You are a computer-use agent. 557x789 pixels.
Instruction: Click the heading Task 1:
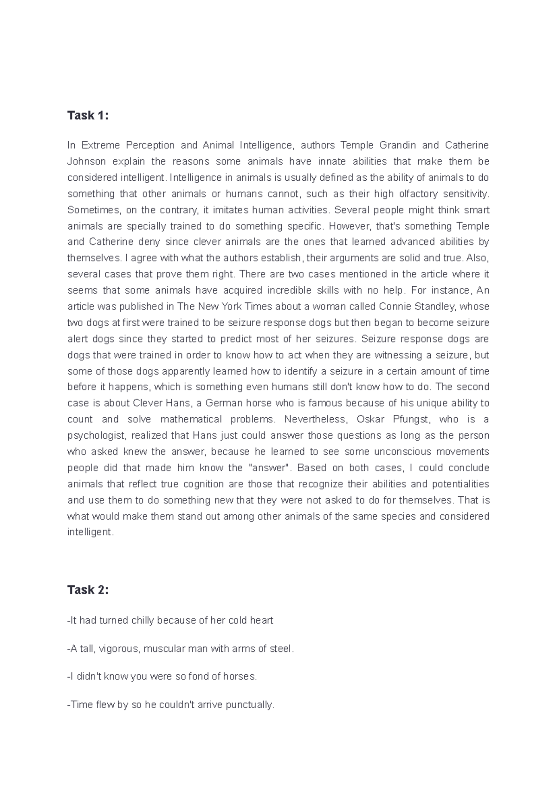[x=88, y=116]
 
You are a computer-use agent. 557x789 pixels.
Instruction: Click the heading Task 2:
[x=88, y=590]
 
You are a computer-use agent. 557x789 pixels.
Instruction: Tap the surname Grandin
[x=398, y=145]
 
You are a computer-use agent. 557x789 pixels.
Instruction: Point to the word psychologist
[x=97, y=436]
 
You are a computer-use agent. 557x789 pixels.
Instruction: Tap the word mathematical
[x=190, y=420]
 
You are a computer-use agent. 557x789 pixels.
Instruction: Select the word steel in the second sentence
[x=281, y=649]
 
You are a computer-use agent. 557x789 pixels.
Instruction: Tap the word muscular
[x=164, y=649]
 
